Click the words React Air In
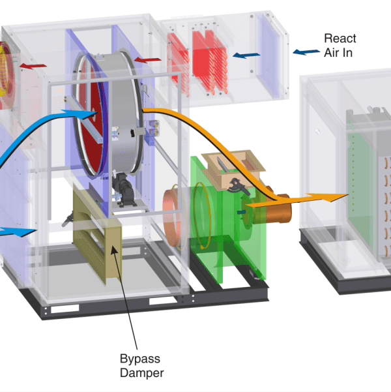340,45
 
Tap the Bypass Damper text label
140,366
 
